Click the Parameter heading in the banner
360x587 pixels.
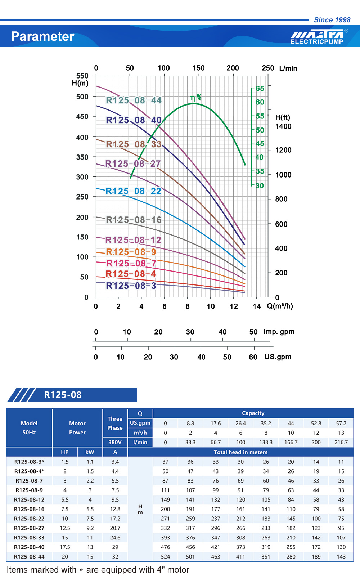pos(42,36)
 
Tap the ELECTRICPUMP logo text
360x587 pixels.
pos(317,42)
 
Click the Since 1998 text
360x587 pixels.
pos(332,20)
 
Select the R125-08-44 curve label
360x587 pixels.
pos(134,100)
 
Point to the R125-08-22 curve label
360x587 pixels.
pos(133,191)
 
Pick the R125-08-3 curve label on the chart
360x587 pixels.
pos(131,286)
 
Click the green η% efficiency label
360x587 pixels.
pos(196,98)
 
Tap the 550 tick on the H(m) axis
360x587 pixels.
pos(82,76)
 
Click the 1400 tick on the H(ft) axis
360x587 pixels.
pos(283,126)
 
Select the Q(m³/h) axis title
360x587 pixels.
pos(280,306)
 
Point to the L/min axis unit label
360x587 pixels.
pos(288,68)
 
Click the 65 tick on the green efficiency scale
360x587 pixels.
pos(260,89)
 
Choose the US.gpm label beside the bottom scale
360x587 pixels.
pos(278,357)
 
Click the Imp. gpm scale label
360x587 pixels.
pos(279,332)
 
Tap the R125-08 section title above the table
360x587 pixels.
pos(63,395)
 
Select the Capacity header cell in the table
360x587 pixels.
pos(253,413)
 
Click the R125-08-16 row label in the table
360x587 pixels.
pos(29,509)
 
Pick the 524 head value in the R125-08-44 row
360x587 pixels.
pos(165,557)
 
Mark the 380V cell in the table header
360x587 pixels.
pos(115,442)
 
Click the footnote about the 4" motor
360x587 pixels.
pos(98,570)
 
